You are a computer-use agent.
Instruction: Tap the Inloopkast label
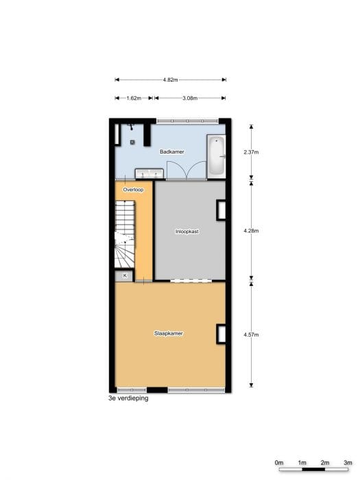coord(187,232)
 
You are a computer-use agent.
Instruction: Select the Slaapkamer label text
coord(168,334)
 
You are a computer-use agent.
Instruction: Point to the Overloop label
coord(133,189)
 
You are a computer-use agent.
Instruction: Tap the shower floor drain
coord(132,142)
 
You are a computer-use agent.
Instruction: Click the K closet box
coord(125,276)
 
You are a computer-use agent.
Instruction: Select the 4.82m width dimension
coord(170,80)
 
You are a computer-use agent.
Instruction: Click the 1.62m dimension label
coord(134,99)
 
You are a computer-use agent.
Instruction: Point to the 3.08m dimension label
coord(189,99)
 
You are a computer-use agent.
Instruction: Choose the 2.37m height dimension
coord(251,152)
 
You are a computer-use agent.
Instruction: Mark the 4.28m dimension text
coord(251,230)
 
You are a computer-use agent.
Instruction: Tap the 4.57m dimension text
coord(251,335)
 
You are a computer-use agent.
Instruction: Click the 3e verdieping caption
coord(128,398)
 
